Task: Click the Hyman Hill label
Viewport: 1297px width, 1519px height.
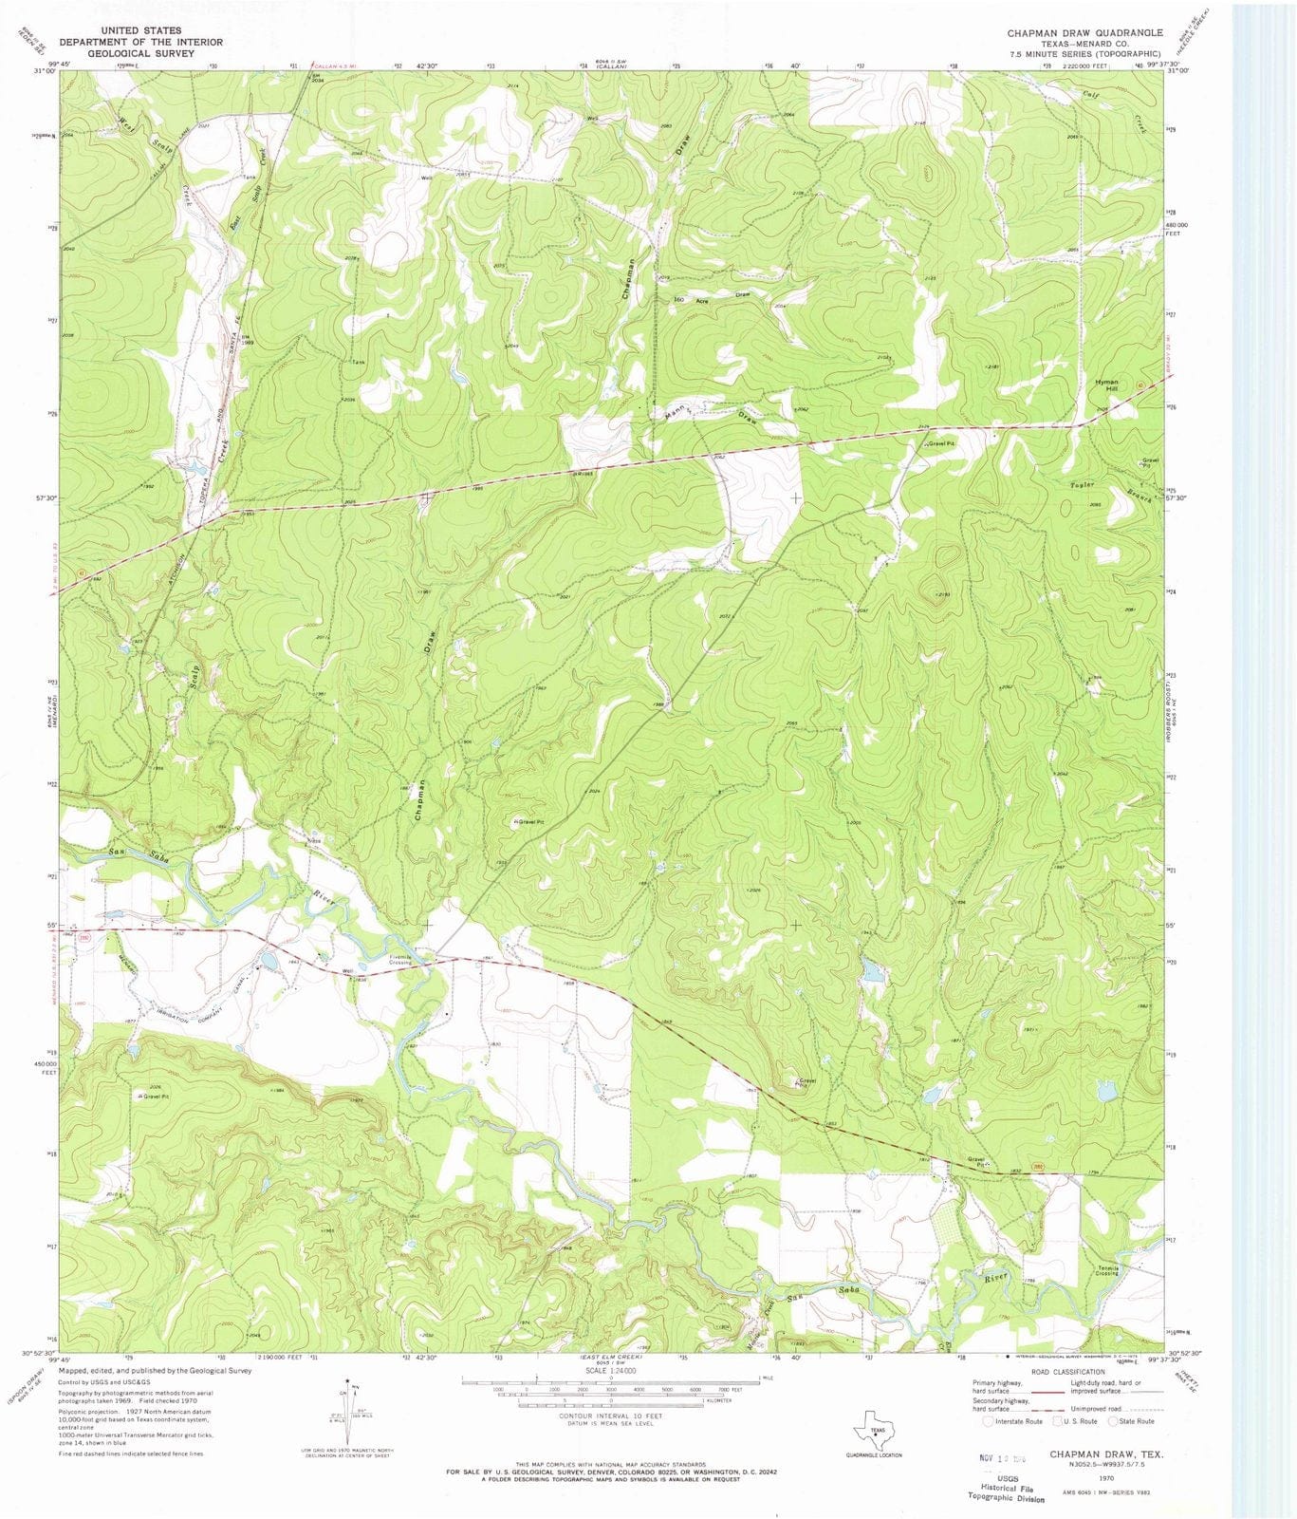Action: pos(1106,384)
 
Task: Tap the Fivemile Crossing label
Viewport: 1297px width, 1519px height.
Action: pos(399,959)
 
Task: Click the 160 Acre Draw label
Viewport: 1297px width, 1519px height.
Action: pos(712,297)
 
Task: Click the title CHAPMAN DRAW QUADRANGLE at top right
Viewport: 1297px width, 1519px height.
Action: pos(1084,32)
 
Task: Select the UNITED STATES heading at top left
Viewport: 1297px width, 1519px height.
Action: pos(141,30)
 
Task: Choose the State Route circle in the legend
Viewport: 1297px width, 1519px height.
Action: pos(1114,1421)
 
